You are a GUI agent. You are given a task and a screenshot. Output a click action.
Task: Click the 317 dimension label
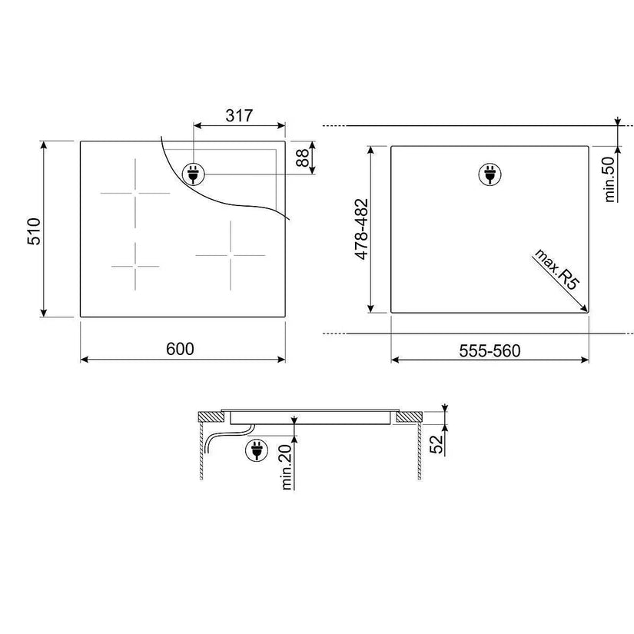click(x=239, y=115)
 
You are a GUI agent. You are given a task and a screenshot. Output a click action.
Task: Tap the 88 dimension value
click(x=303, y=158)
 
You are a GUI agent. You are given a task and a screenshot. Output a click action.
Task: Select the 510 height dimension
click(x=35, y=231)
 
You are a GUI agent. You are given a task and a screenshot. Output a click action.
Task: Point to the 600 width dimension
click(x=180, y=349)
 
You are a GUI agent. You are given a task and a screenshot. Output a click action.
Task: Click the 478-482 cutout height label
click(x=361, y=229)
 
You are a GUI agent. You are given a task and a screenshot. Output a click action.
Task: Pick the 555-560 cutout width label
click(x=490, y=350)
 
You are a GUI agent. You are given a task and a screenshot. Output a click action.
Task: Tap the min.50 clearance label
click(x=609, y=180)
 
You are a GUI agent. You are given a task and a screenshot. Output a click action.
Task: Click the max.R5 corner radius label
click(x=557, y=269)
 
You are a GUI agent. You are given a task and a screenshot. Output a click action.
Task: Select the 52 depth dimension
click(x=436, y=443)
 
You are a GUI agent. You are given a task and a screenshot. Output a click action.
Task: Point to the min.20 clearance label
click(x=286, y=467)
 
